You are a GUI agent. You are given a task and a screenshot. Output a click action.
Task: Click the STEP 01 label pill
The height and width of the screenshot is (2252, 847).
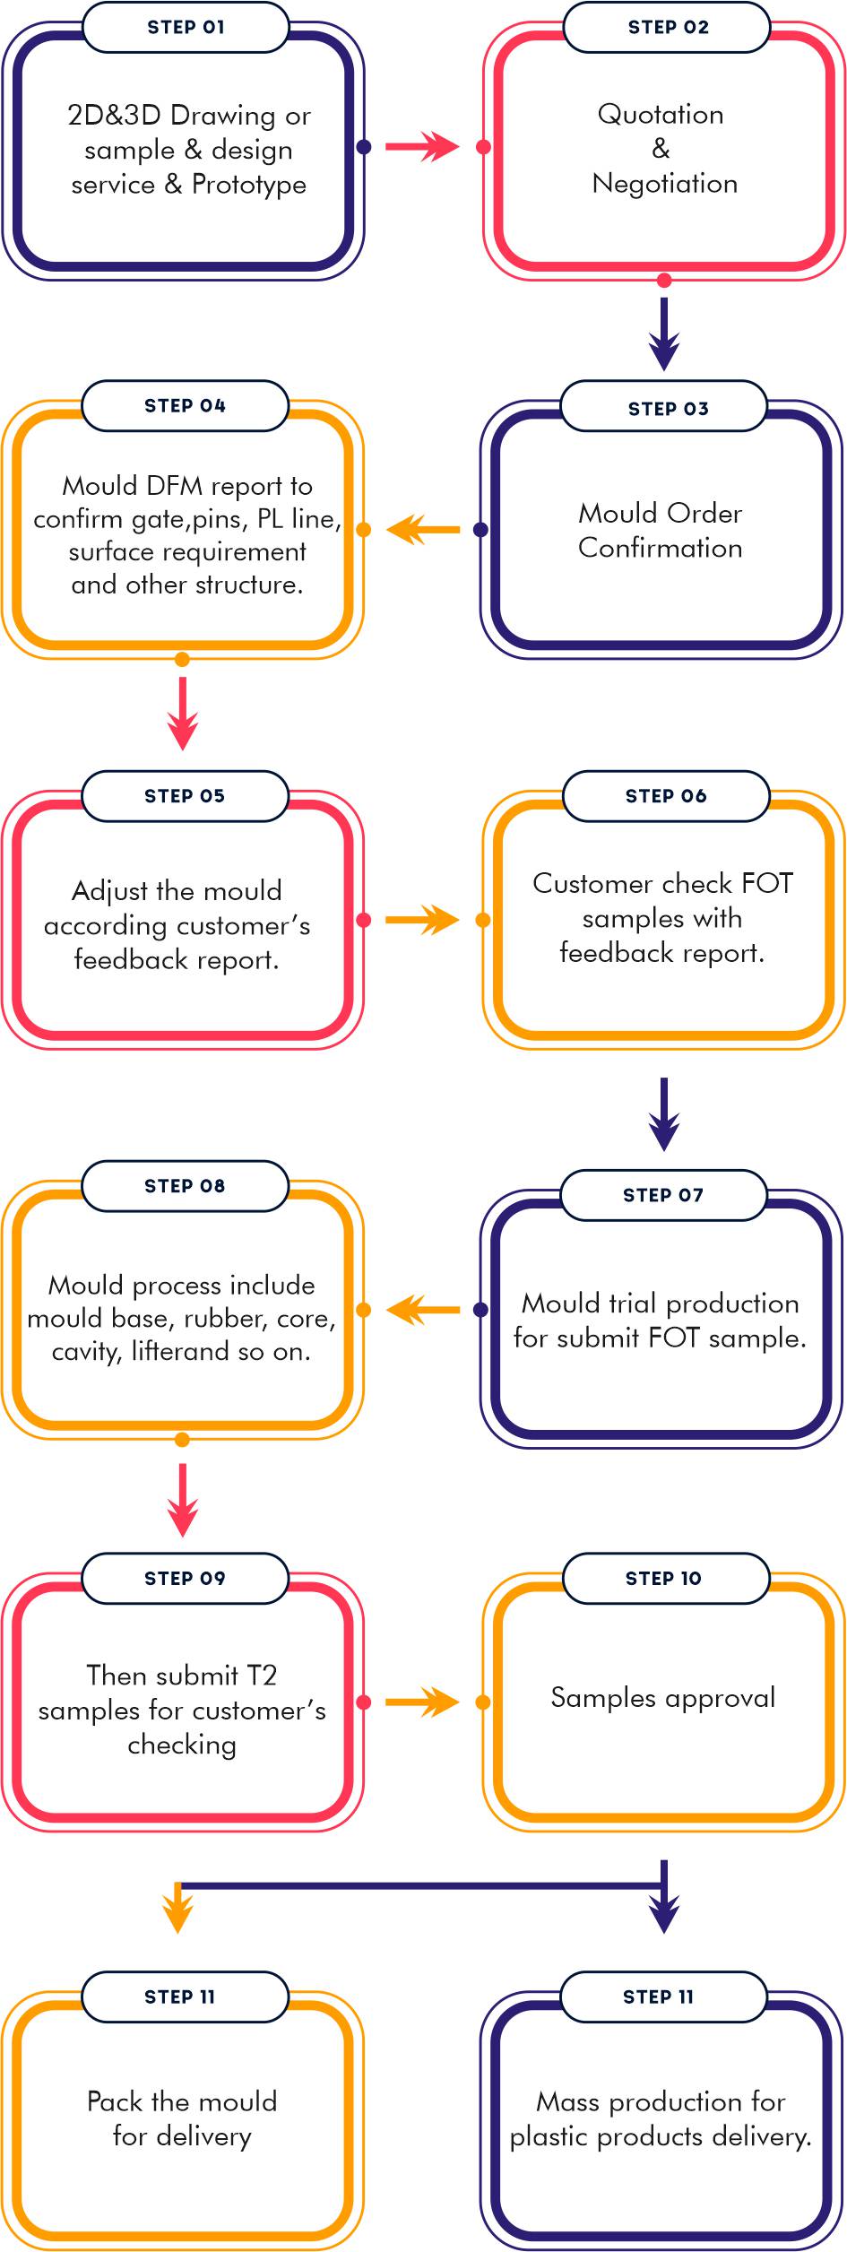[186, 27]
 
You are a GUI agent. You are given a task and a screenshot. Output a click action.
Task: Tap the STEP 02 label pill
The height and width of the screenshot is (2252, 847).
[667, 27]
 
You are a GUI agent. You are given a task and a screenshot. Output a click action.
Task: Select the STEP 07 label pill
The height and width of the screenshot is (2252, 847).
[663, 1195]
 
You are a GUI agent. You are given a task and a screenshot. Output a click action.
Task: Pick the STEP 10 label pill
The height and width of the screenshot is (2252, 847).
[665, 1578]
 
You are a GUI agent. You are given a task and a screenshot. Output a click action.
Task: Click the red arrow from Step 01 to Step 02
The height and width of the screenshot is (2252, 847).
[422, 146]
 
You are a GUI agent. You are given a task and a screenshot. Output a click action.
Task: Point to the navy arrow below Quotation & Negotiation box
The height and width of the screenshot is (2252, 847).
[663, 333]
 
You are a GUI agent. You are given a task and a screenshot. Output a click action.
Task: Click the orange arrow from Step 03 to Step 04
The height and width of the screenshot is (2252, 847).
[422, 529]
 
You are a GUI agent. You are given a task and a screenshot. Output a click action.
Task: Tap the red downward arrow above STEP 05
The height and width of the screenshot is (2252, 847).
[183, 714]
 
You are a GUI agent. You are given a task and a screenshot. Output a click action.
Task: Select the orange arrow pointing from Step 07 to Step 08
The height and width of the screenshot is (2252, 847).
[422, 1310]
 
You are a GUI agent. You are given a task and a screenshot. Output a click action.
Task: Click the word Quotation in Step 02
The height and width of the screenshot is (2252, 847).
[661, 115]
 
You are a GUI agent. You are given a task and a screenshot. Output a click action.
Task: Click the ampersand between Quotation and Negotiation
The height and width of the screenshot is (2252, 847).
[661, 148]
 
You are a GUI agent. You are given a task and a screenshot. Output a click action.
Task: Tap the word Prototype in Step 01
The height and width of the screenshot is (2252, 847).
[249, 185]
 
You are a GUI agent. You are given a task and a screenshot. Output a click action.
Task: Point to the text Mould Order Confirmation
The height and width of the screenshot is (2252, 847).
[661, 530]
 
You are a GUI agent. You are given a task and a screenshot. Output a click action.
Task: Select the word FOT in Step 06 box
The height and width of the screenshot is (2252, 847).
[767, 883]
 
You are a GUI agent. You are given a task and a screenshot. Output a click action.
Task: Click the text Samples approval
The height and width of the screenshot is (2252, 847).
[662, 1697]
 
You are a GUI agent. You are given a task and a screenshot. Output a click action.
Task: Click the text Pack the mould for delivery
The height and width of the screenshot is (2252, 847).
[182, 2118]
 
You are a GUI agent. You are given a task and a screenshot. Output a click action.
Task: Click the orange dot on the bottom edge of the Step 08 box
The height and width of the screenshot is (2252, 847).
[182, 1440]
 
